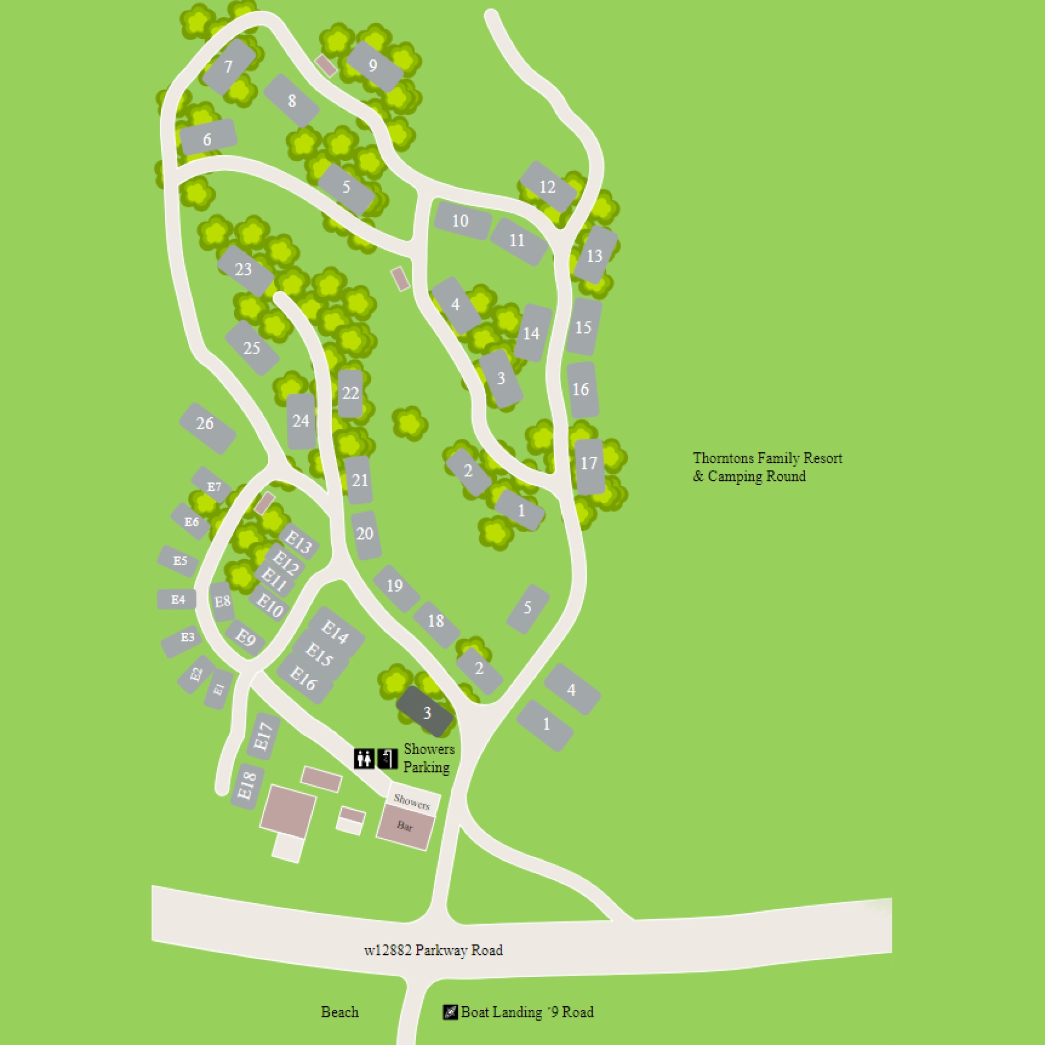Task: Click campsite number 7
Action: click(x=228, y=66)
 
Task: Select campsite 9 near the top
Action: click(x=373, y=65)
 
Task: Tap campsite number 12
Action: click(x=548, y=187)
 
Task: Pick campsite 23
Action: click(x=244, y=269)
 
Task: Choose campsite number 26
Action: click(x=206, y=423)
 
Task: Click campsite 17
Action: click(x=588, y=463)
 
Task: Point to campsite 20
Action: click(x=365, y=534)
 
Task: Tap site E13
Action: click(x=298, y=541)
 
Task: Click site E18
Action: click(x=246, y=786)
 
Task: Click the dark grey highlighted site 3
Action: click(x=426, y=712)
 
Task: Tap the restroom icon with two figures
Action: click(x=364, y=758)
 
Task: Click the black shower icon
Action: click(x=387, y=758)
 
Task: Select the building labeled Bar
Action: click(x=405, y=826)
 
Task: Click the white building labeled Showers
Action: click(x=413, y=800)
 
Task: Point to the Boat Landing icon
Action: click(x=450, y=1012)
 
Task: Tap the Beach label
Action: click(x=339, y=1012)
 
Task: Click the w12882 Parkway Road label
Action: click(x=433, y=950)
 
